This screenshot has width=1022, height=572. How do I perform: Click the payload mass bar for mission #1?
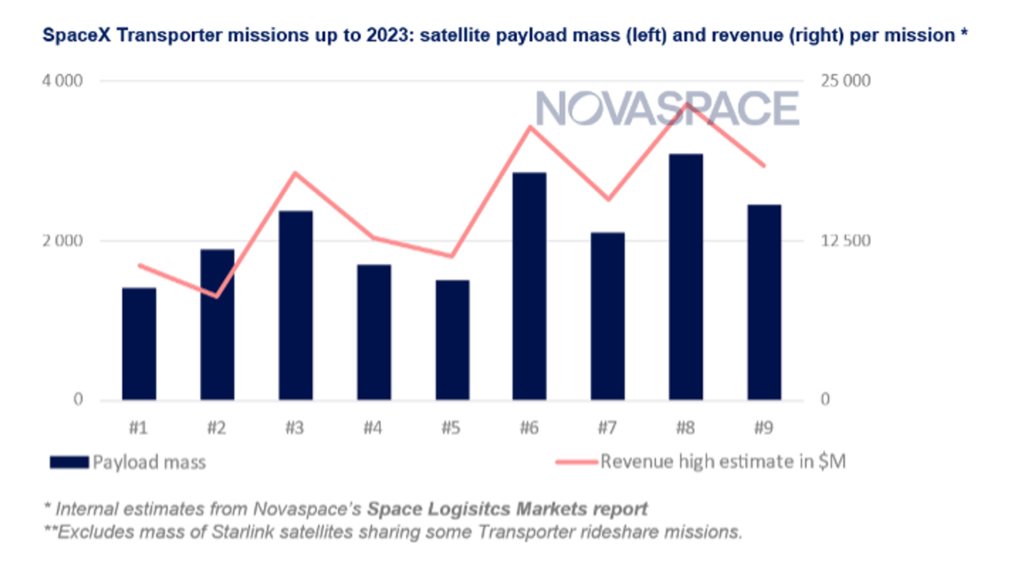pos(139,343)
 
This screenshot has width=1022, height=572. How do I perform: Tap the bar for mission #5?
pos(452,339)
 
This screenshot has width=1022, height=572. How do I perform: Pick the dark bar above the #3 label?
pos(295,305)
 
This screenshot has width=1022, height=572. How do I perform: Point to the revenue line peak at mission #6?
pos(530,127)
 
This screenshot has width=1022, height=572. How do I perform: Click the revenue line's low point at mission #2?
pos(217,296)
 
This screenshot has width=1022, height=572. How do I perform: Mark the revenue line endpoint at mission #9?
pos(764,165)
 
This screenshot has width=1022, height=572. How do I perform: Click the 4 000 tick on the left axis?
pos(62,81)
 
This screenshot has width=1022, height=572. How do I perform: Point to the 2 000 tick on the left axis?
pos(62,241)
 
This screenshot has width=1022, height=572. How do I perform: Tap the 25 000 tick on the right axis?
pos(845,81)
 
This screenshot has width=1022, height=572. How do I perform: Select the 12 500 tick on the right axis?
pos(845,241)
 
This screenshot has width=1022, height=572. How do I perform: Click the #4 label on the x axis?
pos(373,428)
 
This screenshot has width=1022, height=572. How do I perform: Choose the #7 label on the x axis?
pos(607,428)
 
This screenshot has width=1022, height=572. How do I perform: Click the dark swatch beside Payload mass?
pos(69,462)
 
